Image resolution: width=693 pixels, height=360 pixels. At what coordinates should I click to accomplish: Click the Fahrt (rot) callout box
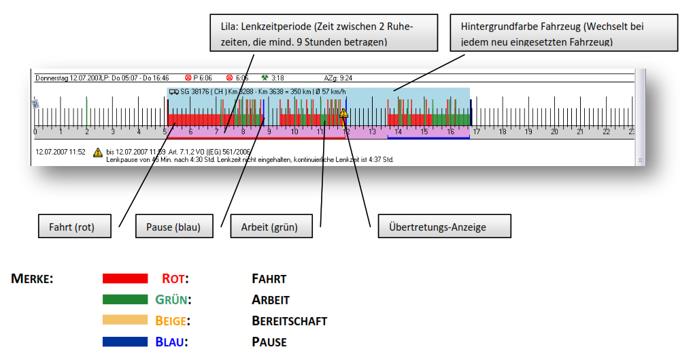click(x=75, y=227)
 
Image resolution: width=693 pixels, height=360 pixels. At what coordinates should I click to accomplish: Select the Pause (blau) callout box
click(x=173, y=227)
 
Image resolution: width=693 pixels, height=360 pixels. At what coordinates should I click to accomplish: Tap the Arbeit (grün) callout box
click(x=271, y=227)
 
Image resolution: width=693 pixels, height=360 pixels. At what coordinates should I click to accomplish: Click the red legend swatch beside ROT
click(x=124, y=278)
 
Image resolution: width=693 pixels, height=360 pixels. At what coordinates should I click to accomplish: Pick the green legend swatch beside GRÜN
click(x=124, y=299)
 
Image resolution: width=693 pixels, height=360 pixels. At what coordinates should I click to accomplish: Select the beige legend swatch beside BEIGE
click(x=124, y=320)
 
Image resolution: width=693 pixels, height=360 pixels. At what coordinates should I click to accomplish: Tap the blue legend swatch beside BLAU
click(x=124, y=341)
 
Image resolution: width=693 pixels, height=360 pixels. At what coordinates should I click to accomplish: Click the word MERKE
click(x=32, y=279)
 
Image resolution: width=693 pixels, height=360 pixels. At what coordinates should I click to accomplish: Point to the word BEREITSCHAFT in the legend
click(x=289, y=321)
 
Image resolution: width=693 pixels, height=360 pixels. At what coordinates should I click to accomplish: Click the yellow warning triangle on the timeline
click(x=343, y=113)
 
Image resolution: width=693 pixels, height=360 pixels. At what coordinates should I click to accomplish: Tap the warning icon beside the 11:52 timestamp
click(x=98, y=152)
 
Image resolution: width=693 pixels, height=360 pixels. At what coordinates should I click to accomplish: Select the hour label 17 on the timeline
click(x=477, y=132)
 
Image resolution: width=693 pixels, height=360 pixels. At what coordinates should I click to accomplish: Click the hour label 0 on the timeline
click(x=36, y=132)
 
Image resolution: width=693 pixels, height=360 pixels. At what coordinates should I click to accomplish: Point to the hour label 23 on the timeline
click(x=631, y=132)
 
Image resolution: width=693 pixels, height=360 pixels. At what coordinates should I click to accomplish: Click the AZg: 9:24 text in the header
click(x=338, y=78)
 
